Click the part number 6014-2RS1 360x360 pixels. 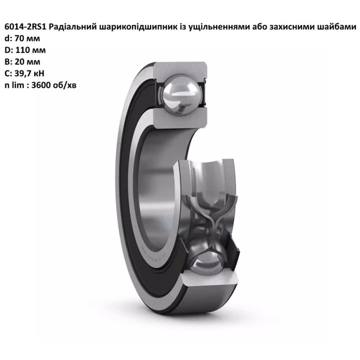click(x=26, y=27)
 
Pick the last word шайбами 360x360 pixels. click(x=338, y=27)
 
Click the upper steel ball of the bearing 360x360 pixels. click(x=180, y=94)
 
